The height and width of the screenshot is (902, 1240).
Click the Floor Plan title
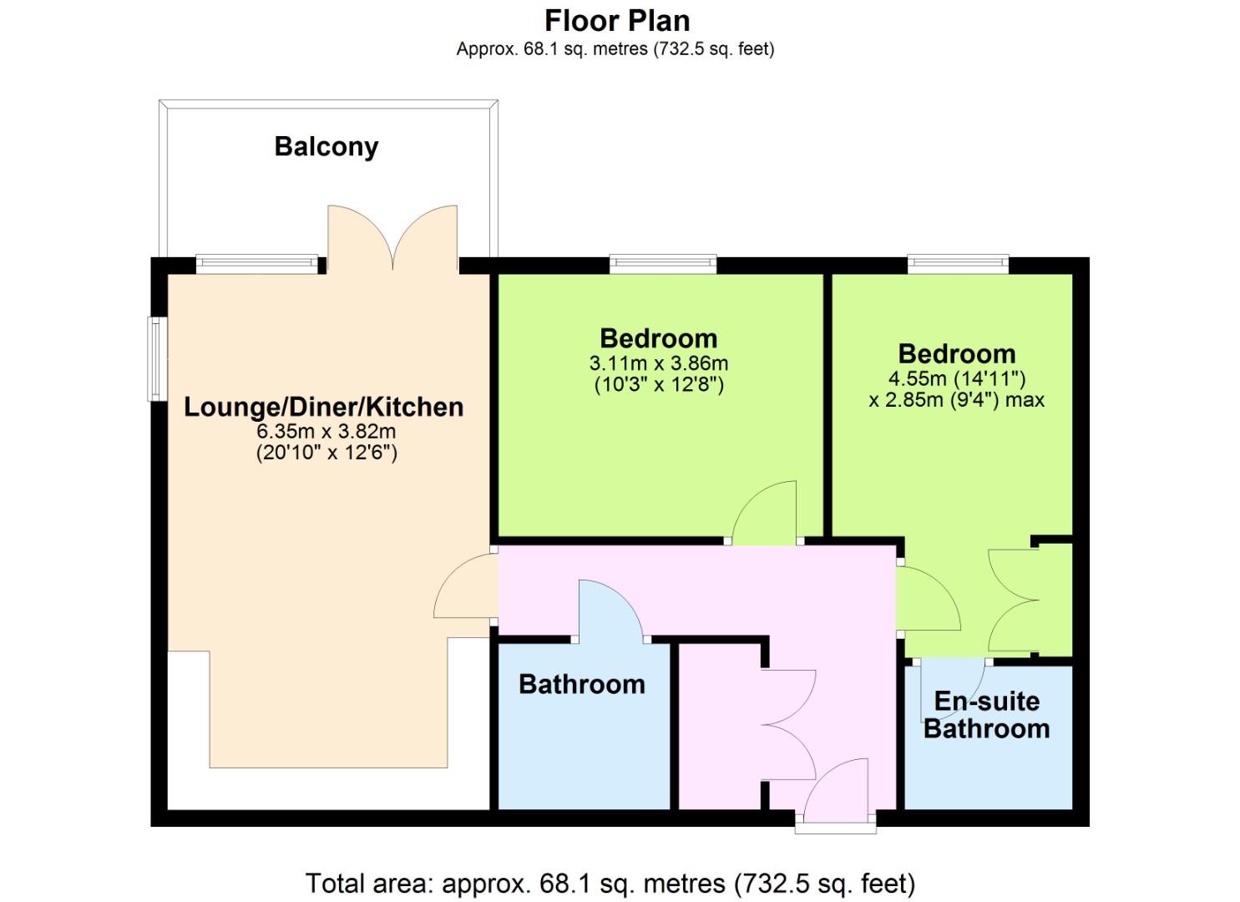[617, 22]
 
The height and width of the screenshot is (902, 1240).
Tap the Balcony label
[326, 147]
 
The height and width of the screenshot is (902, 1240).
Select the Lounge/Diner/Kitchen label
[324, 407]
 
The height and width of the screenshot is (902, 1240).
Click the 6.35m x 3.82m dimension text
[326, 431]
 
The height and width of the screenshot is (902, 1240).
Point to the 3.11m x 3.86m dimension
[659, 363]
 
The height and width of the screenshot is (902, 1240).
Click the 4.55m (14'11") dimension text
[957, 378]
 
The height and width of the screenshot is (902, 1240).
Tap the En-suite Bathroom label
[987, 715]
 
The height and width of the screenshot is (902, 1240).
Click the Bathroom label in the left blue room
[582, 685]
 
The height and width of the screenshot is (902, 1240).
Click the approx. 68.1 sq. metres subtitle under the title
[615, 49]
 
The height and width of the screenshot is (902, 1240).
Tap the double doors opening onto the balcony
[393, 238]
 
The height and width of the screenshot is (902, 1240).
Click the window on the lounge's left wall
[157, 359]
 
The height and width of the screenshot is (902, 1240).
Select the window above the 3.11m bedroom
[663, 264]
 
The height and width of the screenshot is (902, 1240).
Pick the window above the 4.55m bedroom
[959, 264]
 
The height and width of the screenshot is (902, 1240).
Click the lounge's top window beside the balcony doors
[257, 264]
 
